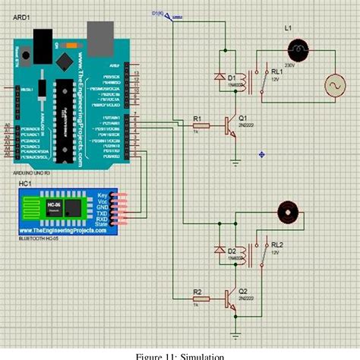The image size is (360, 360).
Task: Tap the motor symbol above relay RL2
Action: (x=288, y=210)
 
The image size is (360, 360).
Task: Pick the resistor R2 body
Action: (x=198, y=298)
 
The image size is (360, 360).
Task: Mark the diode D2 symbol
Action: (x=221, y=251)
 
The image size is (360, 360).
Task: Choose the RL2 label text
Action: (x=276, y=245)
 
